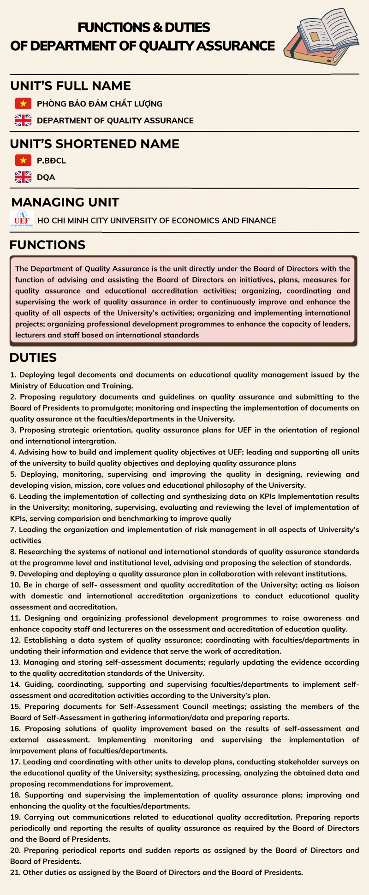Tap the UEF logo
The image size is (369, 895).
tap(22, 219)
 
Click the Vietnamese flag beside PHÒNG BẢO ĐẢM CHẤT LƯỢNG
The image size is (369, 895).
tap(23, 104)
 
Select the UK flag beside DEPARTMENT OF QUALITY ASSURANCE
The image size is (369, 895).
tap(23, 120)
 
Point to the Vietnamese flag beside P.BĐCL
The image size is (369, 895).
tap(23, 160)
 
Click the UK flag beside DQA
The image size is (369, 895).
tap(23, 177)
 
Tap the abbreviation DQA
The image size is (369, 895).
tap(46, 177)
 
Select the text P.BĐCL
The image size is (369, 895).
tap(51, 161)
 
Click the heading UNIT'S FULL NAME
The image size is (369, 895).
tap(71, 86)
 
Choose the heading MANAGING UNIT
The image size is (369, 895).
tap(65, 202)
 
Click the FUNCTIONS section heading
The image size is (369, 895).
tap(48, 245)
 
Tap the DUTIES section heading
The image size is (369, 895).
tap(33, 358)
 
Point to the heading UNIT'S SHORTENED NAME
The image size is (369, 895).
tap(95, 144)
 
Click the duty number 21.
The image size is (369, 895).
tap(15, 872)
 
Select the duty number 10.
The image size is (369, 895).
tap(16, 585)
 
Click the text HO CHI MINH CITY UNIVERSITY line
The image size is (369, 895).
tap(156, 221)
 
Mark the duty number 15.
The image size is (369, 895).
tap(16, 707)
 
